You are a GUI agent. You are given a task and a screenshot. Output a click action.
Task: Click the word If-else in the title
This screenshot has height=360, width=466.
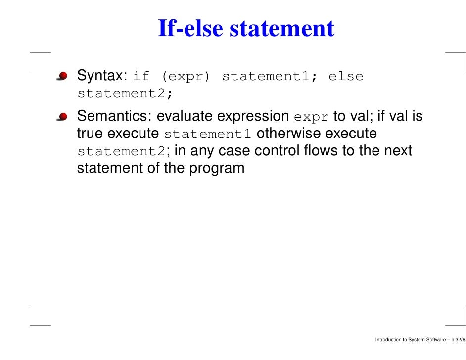(x=191, y=29)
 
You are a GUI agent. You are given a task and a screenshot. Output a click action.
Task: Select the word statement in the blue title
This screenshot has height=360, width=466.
(x=282, y=29)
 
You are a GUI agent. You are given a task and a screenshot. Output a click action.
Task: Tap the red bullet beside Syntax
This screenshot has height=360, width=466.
(x=62, y=76)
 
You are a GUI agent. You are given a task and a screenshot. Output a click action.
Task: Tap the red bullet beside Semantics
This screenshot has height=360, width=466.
(x=62, y=117)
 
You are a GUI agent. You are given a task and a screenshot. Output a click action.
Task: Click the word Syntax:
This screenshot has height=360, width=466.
(x=103, y=76)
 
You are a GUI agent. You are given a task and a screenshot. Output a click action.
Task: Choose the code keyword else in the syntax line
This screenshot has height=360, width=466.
(x=345, y=77)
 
